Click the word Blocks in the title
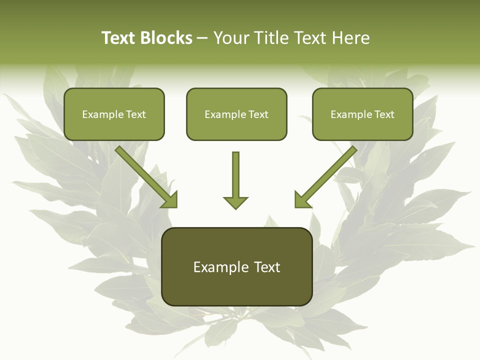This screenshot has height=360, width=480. (x=166, y=38)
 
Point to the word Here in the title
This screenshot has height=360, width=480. (x=350, y=38)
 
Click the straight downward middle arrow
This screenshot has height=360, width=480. (x=235, y=175)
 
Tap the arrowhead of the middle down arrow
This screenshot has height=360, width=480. (x=235, y=202)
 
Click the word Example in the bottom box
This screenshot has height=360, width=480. (x=217, y=267)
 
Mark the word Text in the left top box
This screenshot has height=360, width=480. (x=135, y=114)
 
